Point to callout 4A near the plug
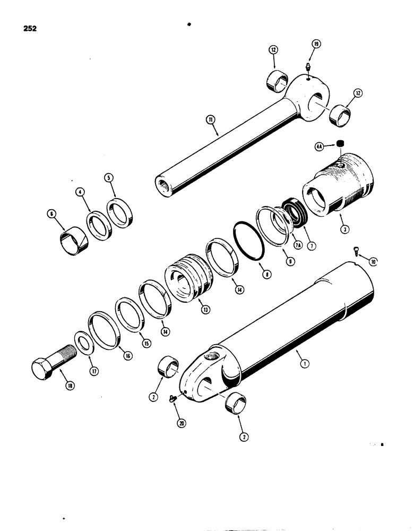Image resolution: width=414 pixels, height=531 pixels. point(319,145)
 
